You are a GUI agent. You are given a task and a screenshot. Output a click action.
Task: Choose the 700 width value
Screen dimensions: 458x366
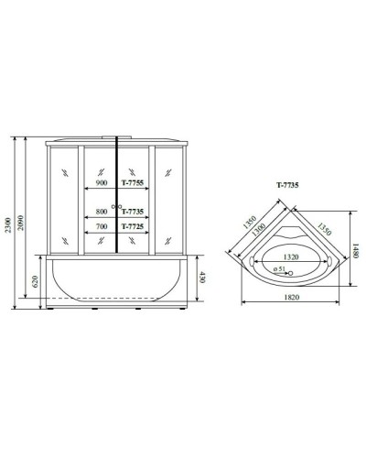[x=102, y=227]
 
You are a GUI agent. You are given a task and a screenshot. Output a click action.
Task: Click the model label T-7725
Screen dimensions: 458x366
[x=135, y=227]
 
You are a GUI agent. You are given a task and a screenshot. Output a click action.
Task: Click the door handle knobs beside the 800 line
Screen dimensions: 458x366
[x=114, y=206]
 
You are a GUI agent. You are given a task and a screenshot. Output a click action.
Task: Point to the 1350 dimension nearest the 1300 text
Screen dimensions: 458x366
[x=247, y=220]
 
